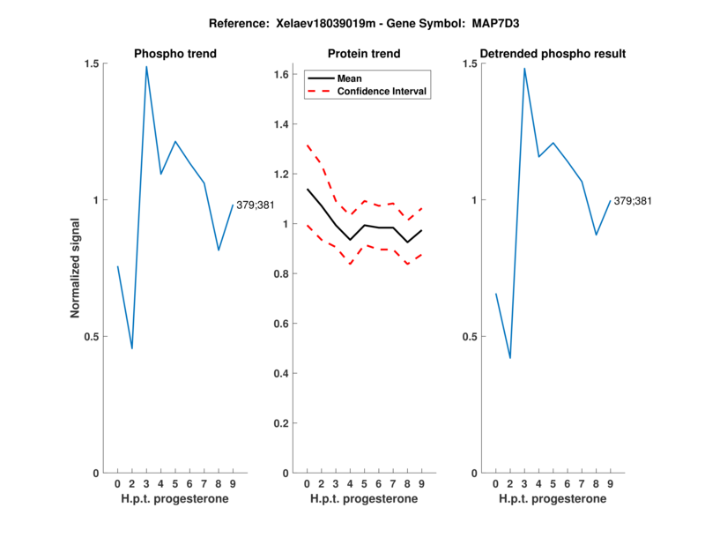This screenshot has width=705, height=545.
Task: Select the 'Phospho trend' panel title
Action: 175,54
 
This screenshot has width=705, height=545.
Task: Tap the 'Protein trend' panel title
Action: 364,54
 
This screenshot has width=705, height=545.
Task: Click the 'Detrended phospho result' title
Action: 553,54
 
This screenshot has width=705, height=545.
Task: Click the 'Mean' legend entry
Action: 350,78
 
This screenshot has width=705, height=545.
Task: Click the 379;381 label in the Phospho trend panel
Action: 256,205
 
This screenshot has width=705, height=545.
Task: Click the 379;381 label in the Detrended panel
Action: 633,201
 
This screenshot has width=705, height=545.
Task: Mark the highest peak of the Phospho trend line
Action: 146,67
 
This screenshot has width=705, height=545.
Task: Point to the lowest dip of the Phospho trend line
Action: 132,348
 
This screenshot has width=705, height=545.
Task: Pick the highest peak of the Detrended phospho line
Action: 524,69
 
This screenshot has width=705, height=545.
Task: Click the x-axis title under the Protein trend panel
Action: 364,499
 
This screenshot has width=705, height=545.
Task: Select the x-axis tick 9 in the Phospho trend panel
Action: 233,483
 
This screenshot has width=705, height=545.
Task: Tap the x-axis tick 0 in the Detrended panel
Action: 495,483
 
